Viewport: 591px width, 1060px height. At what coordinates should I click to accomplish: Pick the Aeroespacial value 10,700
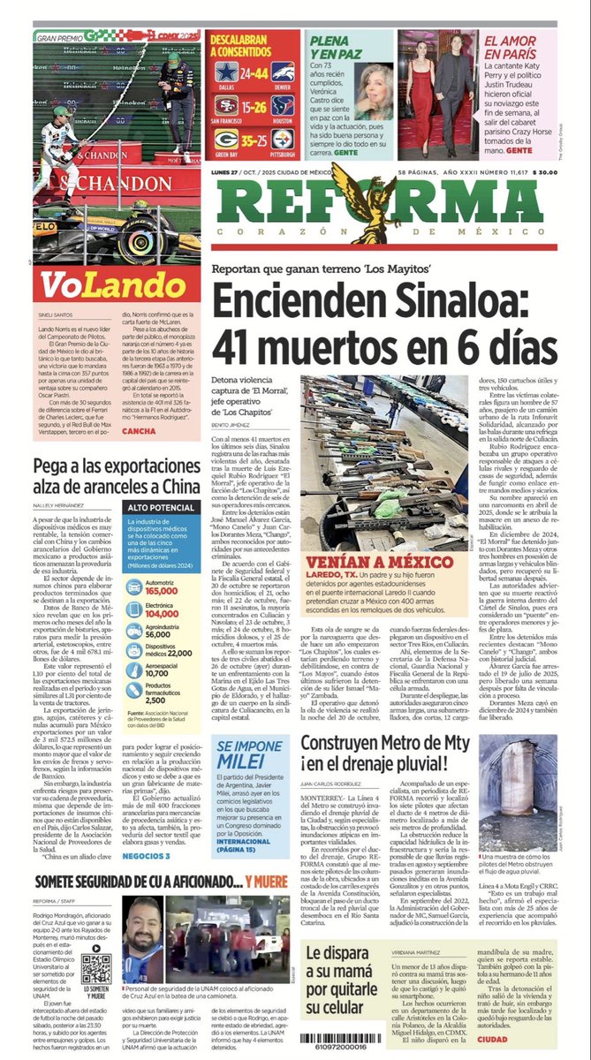[163, 672]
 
